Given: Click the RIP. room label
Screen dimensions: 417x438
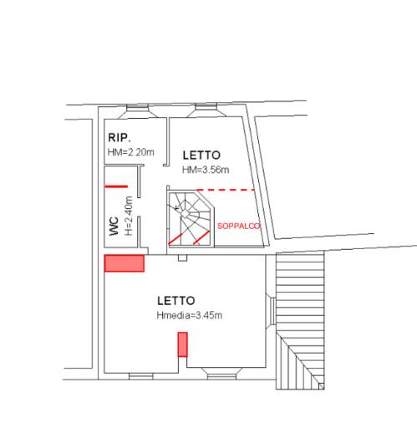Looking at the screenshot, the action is coord(120,137).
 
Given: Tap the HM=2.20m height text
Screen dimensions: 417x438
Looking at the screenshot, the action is coord(130,152).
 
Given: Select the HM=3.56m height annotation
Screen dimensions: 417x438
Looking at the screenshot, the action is coord(206,170).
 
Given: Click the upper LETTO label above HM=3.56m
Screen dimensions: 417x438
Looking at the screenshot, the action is coord(201,155).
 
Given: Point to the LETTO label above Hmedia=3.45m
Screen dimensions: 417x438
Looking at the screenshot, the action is coord(176,301).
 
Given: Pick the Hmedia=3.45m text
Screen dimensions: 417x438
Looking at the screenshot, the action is coord(190,315).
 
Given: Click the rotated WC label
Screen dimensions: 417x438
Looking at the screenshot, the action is coord(114,226).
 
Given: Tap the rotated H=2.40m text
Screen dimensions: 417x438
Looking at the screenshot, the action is coord(128,216).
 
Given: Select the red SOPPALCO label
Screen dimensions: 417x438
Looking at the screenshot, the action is coord(239,226).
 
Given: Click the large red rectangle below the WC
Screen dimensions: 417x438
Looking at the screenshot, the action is coord(125,263).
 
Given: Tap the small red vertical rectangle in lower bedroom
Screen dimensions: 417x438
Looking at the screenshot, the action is coord(183,344).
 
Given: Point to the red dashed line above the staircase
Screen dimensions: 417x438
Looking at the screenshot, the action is coord(226,190).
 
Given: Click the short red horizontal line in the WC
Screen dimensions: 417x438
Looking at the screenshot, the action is coord(116,186).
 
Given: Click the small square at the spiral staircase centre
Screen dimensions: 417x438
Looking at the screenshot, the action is coord(185,214).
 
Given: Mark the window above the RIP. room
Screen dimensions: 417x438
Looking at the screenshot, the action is coord(138,108).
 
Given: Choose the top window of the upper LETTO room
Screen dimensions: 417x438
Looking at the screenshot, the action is coord(206,107).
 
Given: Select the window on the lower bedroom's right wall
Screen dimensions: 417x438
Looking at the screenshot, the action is coord(272,311).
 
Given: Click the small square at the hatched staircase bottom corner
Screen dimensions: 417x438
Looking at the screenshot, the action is coord(321,386).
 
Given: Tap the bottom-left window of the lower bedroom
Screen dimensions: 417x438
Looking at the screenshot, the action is coord(141,376).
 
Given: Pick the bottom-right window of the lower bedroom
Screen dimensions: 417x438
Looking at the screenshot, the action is coord(221,376).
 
